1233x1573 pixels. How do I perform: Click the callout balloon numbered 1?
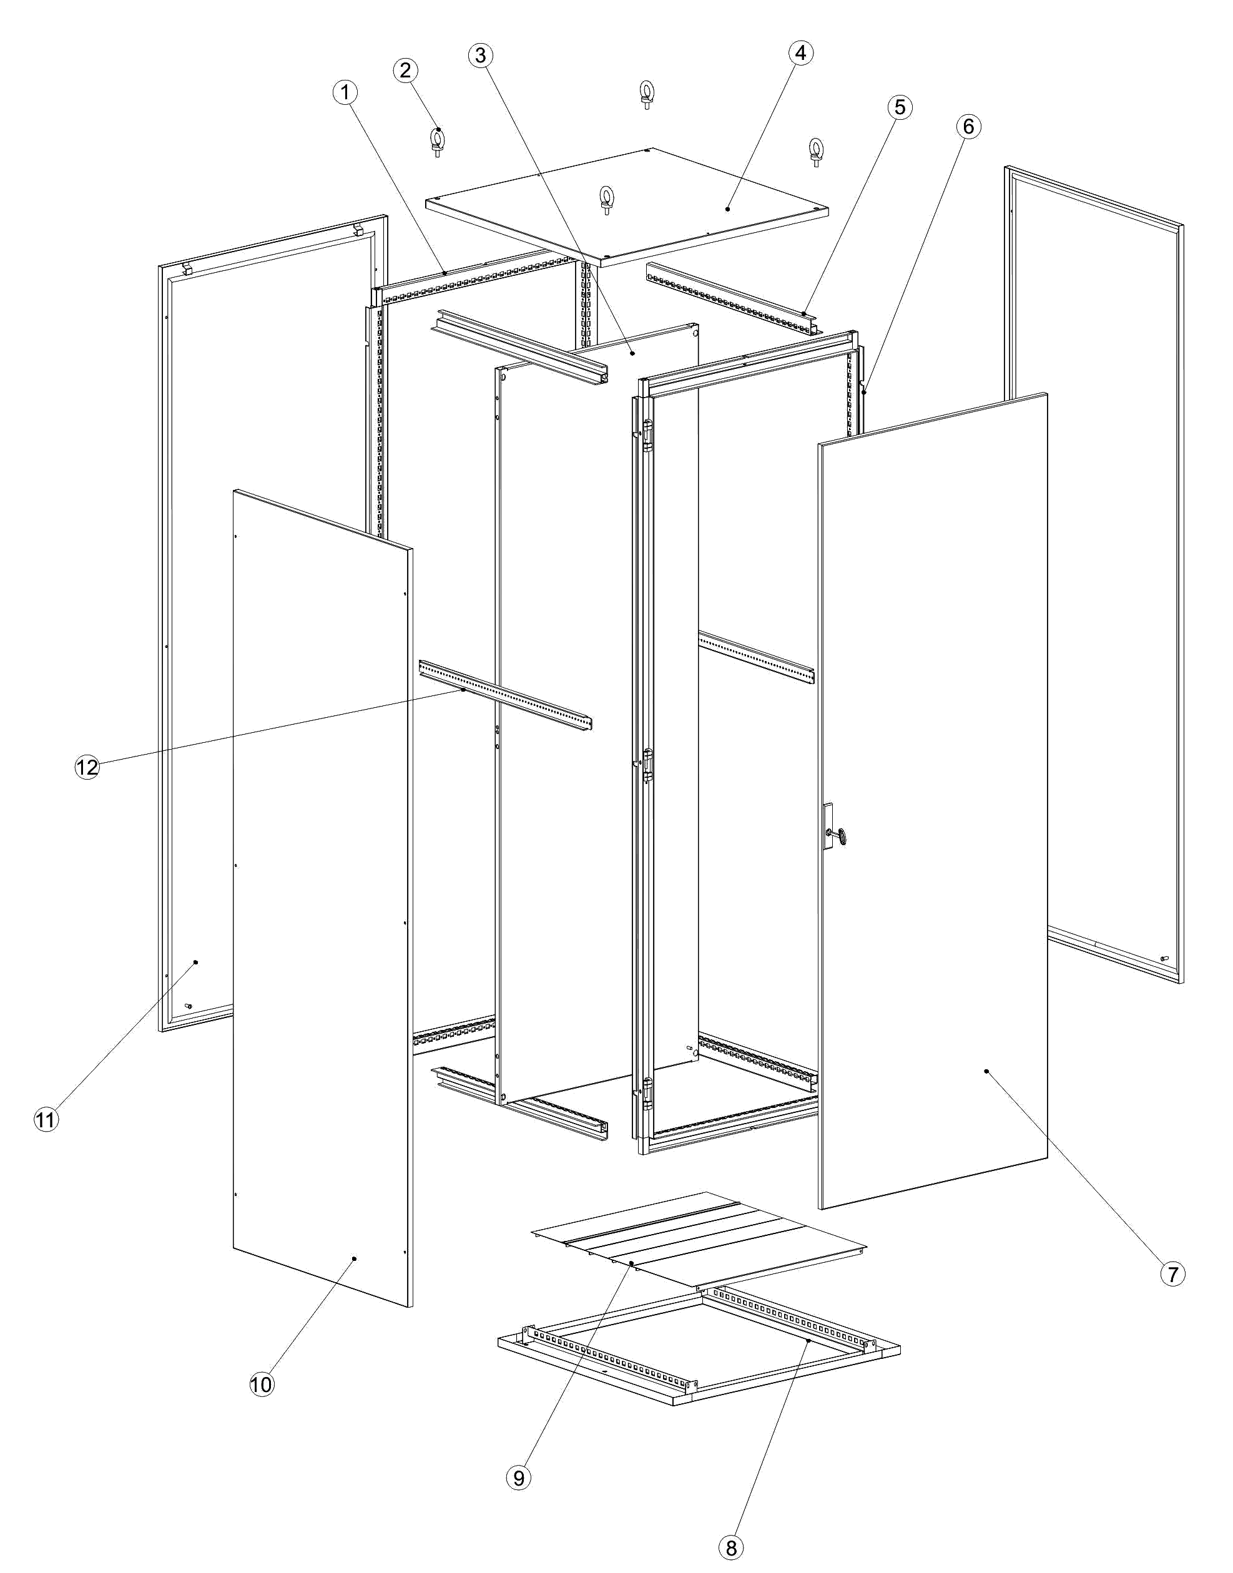pos(346,92)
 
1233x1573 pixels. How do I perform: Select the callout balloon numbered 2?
pos(406,70)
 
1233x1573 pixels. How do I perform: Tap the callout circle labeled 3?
pos(481,55)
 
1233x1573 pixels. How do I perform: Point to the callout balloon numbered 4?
pos(800,52)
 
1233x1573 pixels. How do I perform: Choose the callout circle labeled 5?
pos(900,107)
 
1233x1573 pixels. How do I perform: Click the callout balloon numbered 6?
pos(968,126)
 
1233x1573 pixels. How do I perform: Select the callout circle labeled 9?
pos(519,1477)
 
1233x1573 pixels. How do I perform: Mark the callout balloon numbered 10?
pos(262,1384)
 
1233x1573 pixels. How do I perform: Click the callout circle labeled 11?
pos(46,1120)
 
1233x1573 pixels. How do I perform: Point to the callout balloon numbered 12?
pos(87,767)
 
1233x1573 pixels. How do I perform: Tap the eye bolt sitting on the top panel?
pos(606,200)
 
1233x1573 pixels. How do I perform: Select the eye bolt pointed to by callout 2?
pos(438,142)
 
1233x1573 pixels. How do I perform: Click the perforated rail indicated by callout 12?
pos(505,696)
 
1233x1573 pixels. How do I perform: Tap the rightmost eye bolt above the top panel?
pos(817,152)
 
